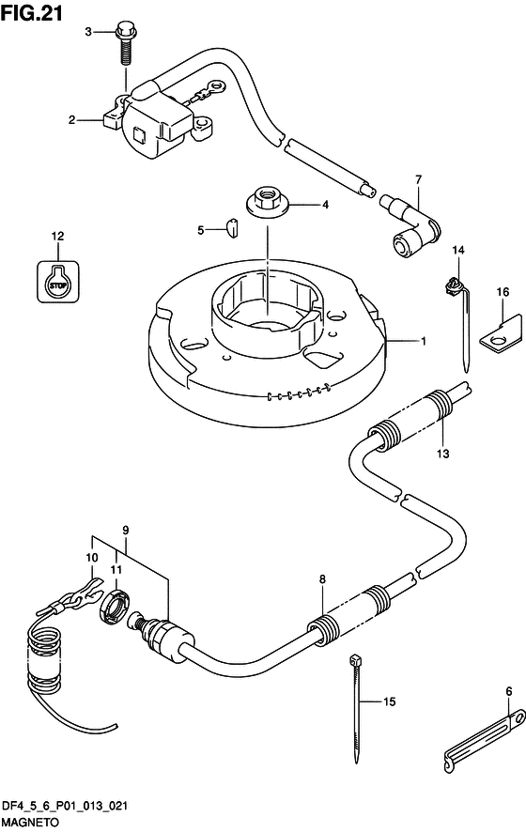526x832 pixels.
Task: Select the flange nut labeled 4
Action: click(268, 204)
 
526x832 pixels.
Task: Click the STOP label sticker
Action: click(58, 283)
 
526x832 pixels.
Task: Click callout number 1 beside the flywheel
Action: click(423, 341)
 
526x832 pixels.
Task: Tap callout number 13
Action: click(443, 454)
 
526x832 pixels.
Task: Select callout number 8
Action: click(323, 578)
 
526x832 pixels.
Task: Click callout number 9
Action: click(126, 530)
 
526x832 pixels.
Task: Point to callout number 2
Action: click(71, 120)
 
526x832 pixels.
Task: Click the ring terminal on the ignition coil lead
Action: click(215, 85)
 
